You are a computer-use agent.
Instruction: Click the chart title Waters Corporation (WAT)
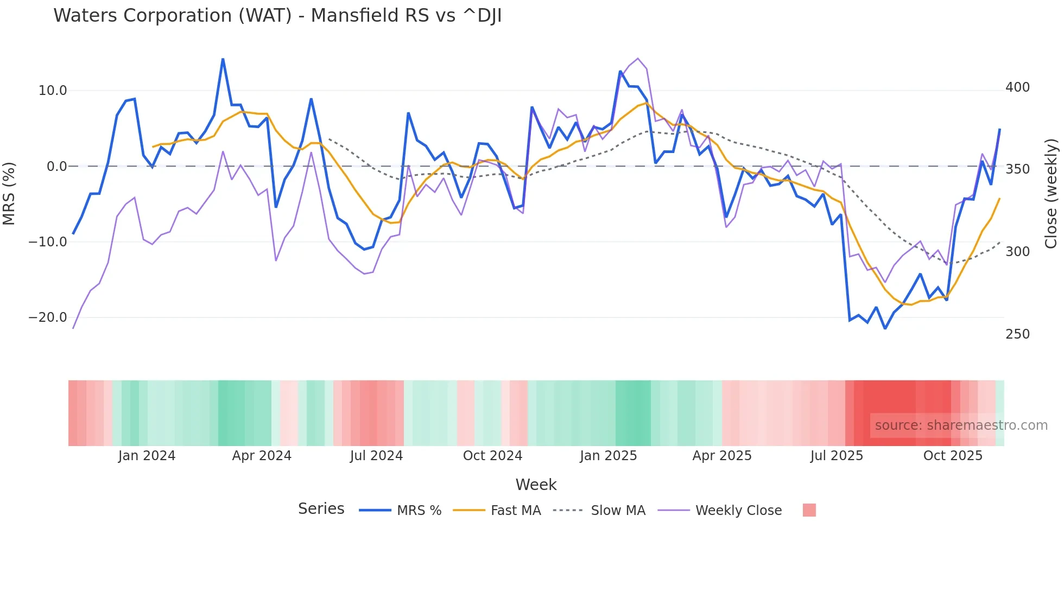coord(277,16)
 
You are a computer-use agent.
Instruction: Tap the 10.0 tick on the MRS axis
coord(53,91)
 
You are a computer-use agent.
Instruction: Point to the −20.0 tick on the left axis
coord(48,317)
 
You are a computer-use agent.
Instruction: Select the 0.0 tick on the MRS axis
coord(56,167)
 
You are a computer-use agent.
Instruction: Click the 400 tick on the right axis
coord(1017,87)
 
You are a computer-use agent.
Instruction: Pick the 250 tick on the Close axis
coord(1017,334)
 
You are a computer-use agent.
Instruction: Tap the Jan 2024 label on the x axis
coord(147,456)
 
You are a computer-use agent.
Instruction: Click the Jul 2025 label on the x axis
coord(837,456)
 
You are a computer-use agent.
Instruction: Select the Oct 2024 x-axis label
coord(492,456)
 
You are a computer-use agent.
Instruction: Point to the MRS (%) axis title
coord(9,193)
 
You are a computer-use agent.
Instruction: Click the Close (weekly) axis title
coord(1051,193)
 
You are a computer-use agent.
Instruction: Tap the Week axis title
coord(536,485)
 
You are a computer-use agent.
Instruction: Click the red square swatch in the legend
coord(809,510)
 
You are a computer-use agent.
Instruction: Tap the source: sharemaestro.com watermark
coord(961,425)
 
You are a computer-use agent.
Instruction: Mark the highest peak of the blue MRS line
coord(223,59)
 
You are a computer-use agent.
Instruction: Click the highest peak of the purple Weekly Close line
coord(638,59)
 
